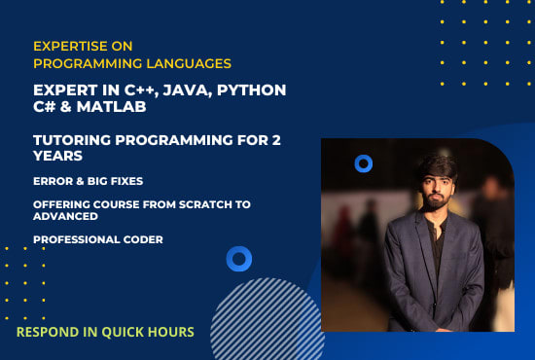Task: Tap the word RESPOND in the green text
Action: point(49,332)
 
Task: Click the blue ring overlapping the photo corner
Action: point(364,163)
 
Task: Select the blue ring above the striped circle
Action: point(238,259)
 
